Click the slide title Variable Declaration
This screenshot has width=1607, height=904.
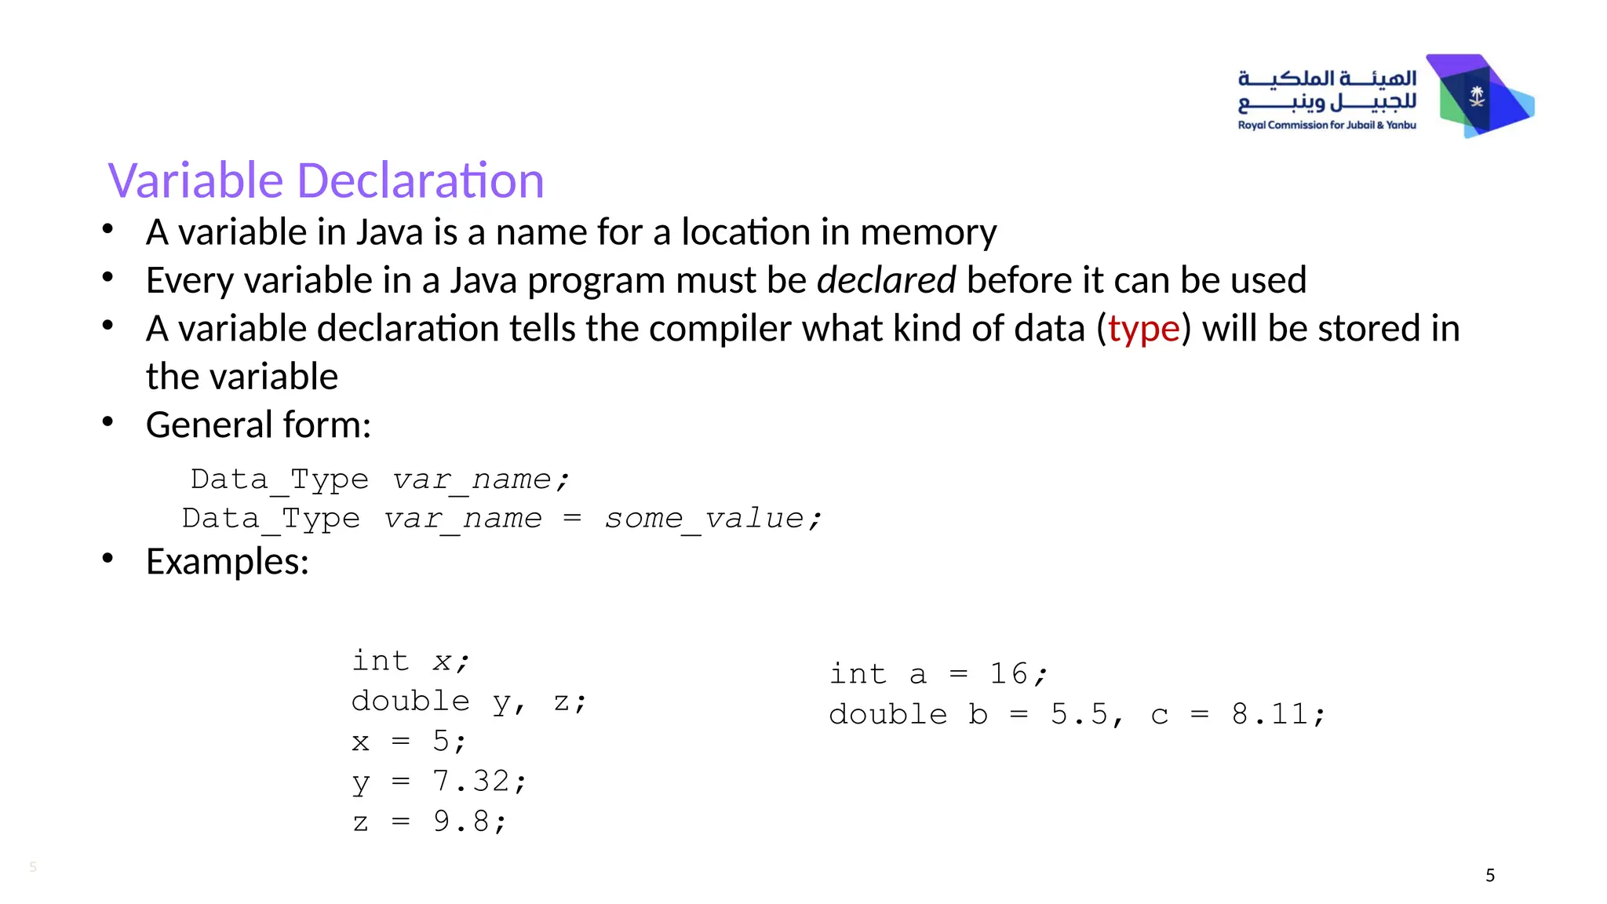point(326,180)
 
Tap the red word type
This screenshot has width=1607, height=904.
point(1143,329)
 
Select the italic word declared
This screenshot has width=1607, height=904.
point(886,280)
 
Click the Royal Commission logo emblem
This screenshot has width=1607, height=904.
point(1479,97)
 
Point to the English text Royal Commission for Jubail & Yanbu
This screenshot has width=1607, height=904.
point(1327,126)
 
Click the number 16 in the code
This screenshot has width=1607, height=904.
point(1008,674)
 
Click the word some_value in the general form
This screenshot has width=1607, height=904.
point(704,519)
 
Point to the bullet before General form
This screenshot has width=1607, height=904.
point(108,423)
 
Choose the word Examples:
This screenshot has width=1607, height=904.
point(228,562)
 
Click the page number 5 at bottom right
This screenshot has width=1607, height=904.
point(1490,876)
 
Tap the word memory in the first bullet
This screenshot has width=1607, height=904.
point(928,232)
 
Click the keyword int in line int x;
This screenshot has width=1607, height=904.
point(381,661)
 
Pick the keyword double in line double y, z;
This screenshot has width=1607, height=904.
point(410,701)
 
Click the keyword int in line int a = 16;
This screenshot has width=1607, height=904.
point(858,674)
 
